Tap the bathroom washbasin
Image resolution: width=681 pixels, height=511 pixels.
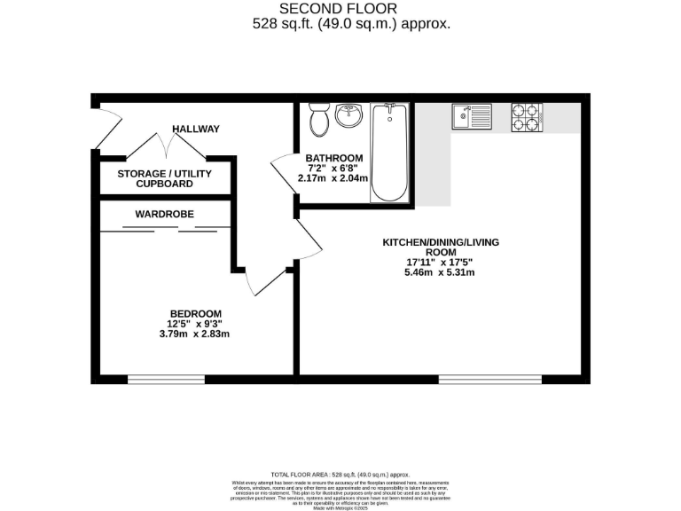coord(350,115)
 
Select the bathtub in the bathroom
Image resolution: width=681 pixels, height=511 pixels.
coord(389,152)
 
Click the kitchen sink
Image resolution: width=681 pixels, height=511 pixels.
coord(472,115)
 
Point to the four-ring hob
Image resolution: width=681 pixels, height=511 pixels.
coord(526,116)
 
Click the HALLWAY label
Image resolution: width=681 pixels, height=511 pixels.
coord(196,130)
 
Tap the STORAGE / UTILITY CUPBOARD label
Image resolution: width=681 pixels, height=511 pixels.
coord(165,179)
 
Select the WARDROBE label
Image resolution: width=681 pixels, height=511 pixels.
coord(164,215)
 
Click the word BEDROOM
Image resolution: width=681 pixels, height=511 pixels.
coord(195,313)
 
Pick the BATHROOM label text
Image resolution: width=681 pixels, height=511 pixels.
coord(333,157)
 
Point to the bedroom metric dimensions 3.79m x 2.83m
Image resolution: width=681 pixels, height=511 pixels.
coord(195,334)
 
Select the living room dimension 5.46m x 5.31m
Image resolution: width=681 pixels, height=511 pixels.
coord(440,272)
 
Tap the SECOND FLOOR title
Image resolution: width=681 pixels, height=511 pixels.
coord(340,9)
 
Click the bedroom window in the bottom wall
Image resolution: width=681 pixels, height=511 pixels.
coord(166,379)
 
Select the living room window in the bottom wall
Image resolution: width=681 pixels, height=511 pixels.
coord(489,379)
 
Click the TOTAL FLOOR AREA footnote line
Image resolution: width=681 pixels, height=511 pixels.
coord(340,476)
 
